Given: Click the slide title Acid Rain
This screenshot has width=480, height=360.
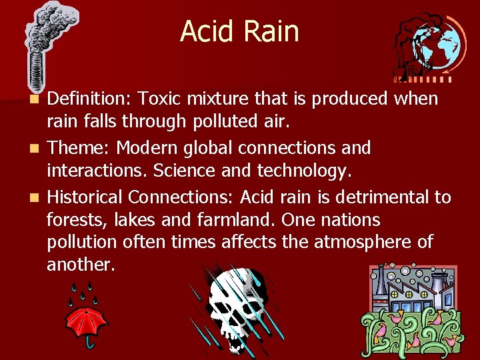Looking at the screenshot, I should (x=239, y=31).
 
